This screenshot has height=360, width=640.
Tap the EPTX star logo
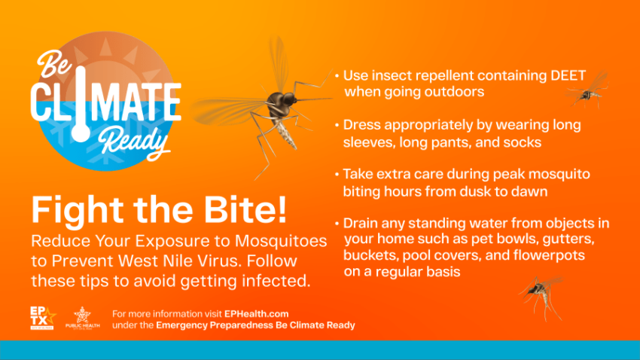pyautogui.click(x=42, y=318)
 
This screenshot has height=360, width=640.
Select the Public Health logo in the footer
pyautogui.click(x=83, y=318)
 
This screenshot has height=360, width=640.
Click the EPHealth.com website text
pyautogui.click(x=256, y=314)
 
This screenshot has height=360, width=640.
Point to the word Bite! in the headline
pyautogui.click(x=245, y=209)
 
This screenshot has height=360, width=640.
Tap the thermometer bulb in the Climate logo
pyautogui.click(x=81, y=133)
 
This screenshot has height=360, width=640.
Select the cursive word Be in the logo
pyautogui.click(x=53, y=63)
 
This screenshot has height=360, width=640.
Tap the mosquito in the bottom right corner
pyautogui.click(x=541, y=296)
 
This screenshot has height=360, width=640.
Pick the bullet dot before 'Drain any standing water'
pyautogui.click(x=337, y=223)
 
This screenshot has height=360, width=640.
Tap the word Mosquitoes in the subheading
pyautogui.click(x=281, y=241)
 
